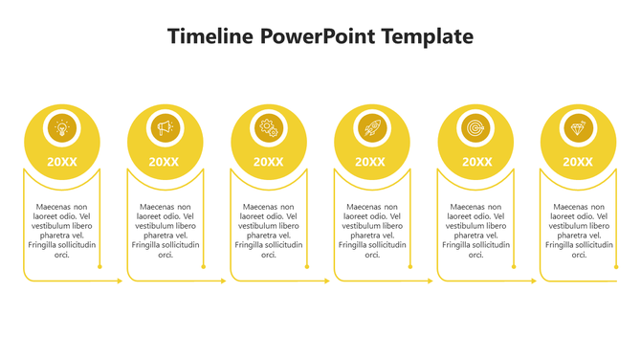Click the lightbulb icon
click(62, 127)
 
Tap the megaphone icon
click(165, 127)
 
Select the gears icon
click(268, 127)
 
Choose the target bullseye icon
click(475, 127)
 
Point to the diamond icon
click(577, 127)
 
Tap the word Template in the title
click(427, 37)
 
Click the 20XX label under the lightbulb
click(62, 162)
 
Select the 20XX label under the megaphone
click(165, 162)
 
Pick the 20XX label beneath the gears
click(268, 162)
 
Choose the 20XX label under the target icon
click(476, 162)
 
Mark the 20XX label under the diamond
click(577, 162)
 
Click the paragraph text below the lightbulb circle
click(62, 231)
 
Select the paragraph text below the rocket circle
click(371, 231)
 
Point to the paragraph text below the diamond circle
click(578, 231)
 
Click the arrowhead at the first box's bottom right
click(121, 281)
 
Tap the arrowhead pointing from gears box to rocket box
click(327, 281)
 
